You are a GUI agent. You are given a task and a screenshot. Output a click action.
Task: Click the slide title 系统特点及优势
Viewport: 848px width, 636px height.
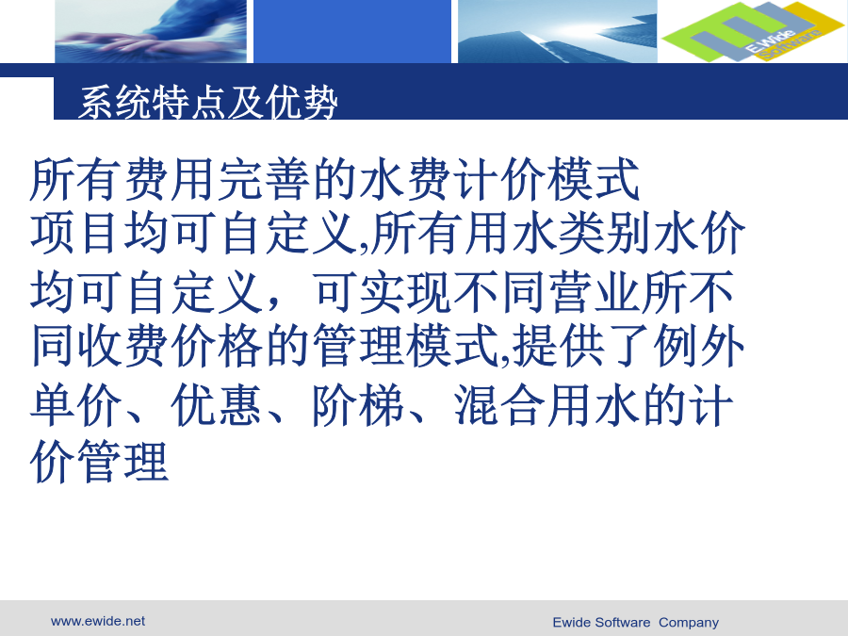tap(208, 102)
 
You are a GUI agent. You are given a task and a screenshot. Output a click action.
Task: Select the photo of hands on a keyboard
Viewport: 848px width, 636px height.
tap(151, 31)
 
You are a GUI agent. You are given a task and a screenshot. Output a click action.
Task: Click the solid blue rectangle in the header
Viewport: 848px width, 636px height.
tap(352, 31)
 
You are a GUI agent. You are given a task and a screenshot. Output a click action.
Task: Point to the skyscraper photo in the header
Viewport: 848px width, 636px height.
tap(558, 31)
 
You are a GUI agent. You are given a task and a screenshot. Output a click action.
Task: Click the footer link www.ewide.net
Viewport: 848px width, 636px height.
tap(98, 621)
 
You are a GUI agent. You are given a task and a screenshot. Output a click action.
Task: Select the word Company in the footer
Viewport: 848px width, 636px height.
tap(689, 623)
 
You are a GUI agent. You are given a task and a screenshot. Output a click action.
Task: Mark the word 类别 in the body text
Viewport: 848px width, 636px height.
tap(604, 234)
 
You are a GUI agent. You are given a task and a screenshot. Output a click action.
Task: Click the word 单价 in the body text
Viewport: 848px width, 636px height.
tap(75, 405)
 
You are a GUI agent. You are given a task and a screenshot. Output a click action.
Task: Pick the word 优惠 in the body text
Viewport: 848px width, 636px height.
tap(217, 405)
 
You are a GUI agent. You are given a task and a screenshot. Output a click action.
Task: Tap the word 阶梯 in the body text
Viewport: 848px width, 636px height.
tap(358, 405)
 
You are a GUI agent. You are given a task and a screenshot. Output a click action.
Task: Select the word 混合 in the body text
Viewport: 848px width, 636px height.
tap(499, 405)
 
